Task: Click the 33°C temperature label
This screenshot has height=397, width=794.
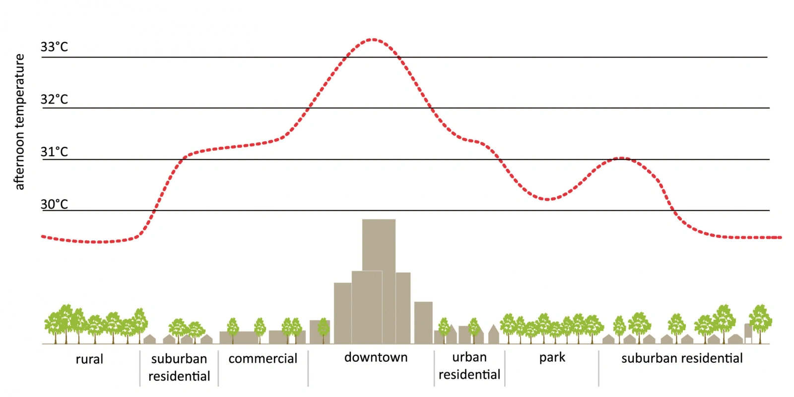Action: (54, 47)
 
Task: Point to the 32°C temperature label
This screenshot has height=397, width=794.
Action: (54, 100)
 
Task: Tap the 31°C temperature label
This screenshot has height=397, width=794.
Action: (54, 152)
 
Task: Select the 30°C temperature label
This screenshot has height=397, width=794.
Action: (54, 204)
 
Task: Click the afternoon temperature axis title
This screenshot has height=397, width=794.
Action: (19, 122)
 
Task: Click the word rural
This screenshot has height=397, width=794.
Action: (89, 359)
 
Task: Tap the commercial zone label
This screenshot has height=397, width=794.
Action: (263, 358)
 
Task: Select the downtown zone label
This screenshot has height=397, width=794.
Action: (376, 357)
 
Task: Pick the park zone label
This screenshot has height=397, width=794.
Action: (552, 357)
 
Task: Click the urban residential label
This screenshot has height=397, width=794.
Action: (469, 366)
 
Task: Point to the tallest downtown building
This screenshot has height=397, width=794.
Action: (379, 245)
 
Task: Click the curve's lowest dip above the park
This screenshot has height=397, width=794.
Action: (547, 199)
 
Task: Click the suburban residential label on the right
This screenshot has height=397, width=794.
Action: (682, 358)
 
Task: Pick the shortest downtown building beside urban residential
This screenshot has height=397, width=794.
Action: (423, 322)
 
